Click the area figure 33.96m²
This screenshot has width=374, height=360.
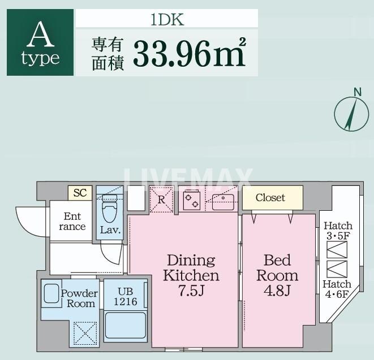pos(189,53)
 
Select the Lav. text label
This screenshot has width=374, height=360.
pos(109,230)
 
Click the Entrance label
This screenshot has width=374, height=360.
pos(72,222)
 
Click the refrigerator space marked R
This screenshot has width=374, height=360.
pos(161,199)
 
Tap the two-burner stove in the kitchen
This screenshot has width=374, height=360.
pos(192,199)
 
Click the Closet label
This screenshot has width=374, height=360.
pos(270,198)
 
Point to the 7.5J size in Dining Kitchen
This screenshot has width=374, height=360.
pos(191,291)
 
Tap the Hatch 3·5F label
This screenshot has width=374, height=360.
pos(338,231)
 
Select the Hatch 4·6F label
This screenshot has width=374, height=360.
pos(337,289)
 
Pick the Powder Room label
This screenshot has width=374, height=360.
pos(79,298)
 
